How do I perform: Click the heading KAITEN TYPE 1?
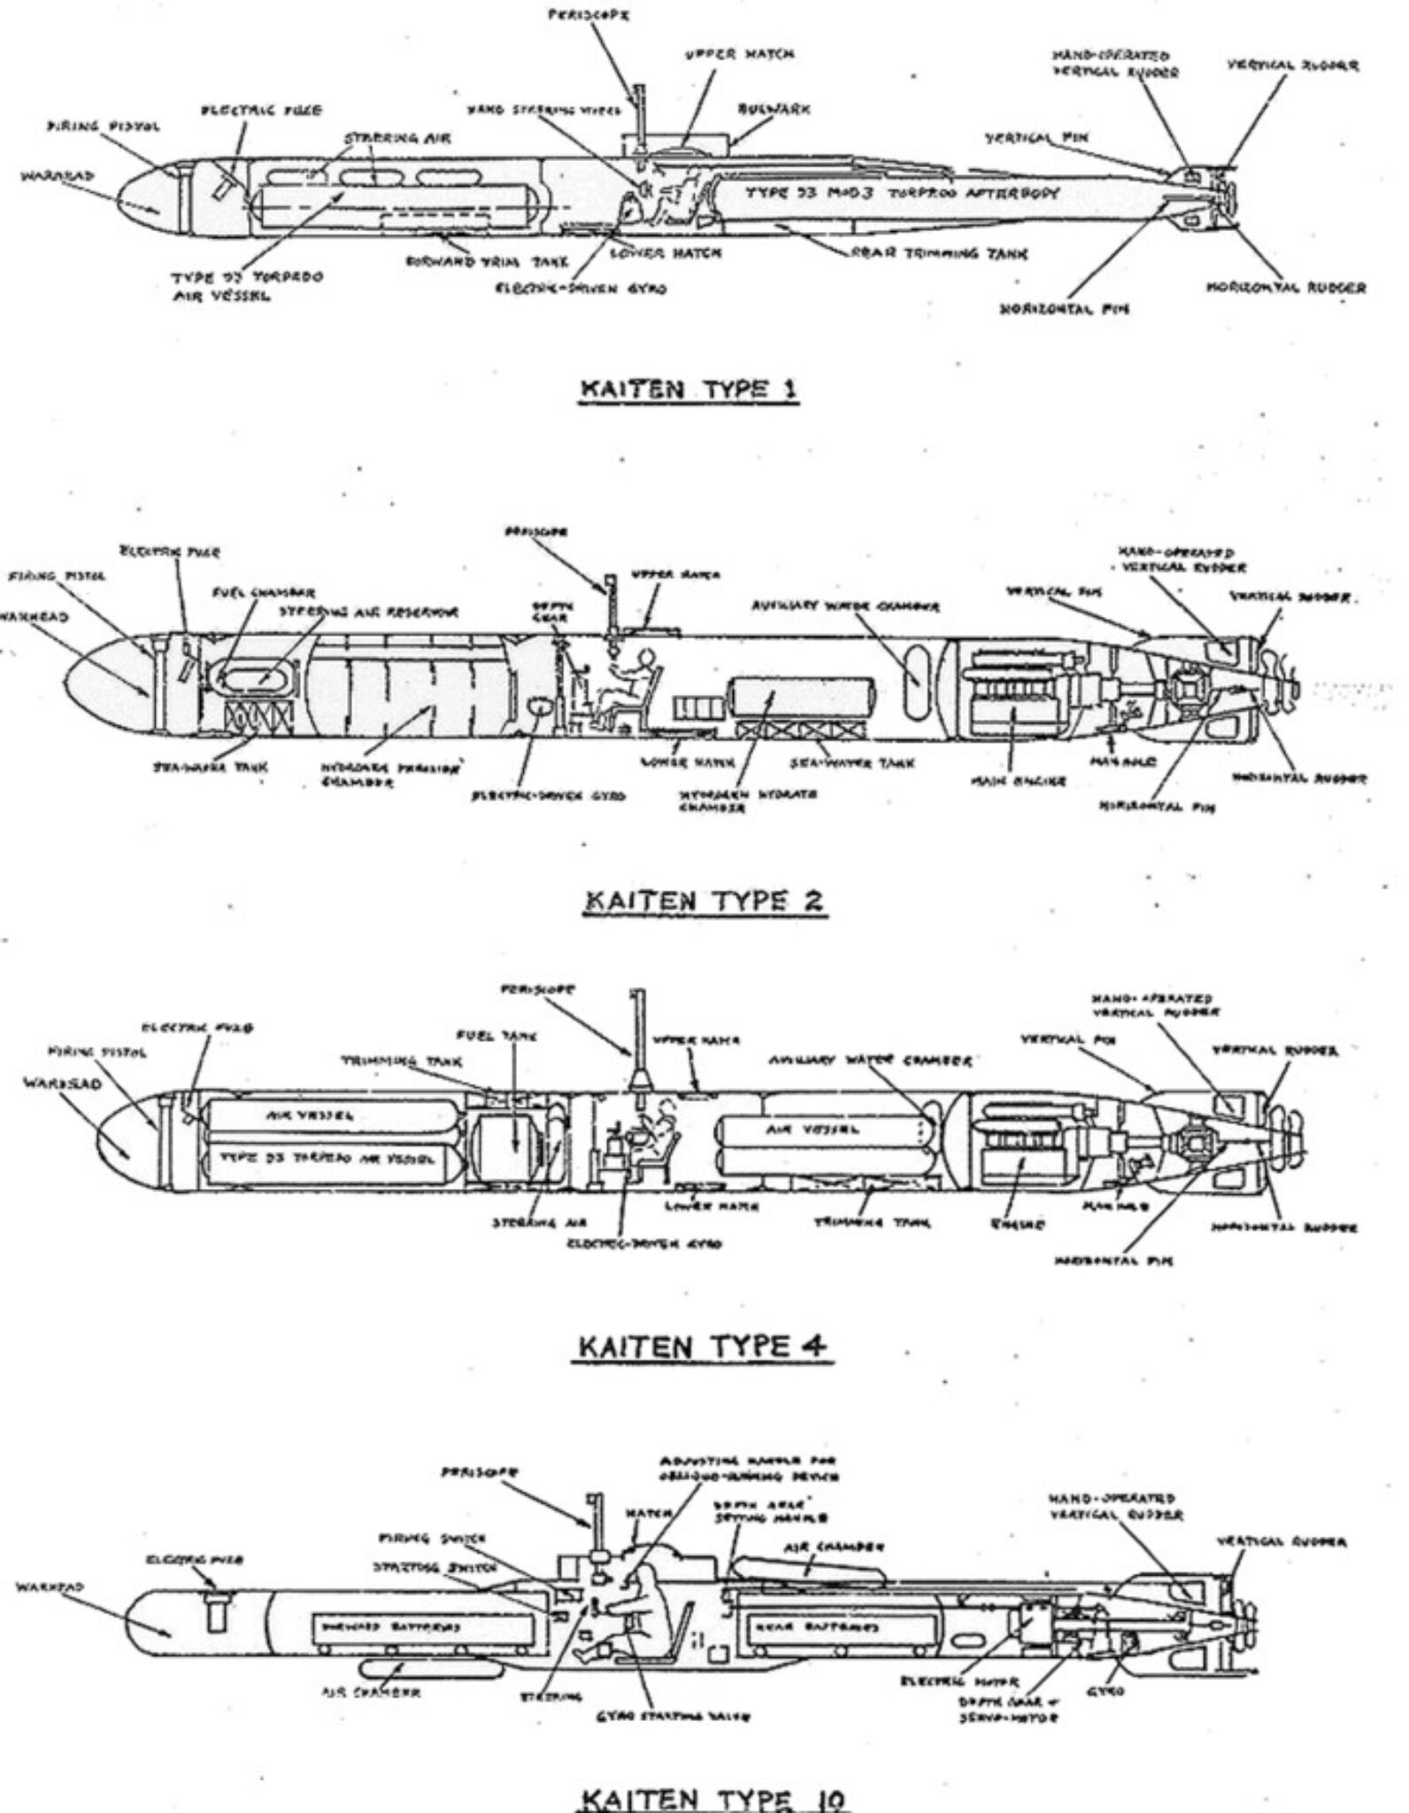pos(689,390)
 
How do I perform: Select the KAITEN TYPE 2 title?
pos(704,901)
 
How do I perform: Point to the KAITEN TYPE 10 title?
pos(712,1797)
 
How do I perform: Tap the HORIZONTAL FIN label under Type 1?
pos(1064,309)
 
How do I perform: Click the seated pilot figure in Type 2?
pos(630,680)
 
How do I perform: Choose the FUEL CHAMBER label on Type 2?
pos(264,592)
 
